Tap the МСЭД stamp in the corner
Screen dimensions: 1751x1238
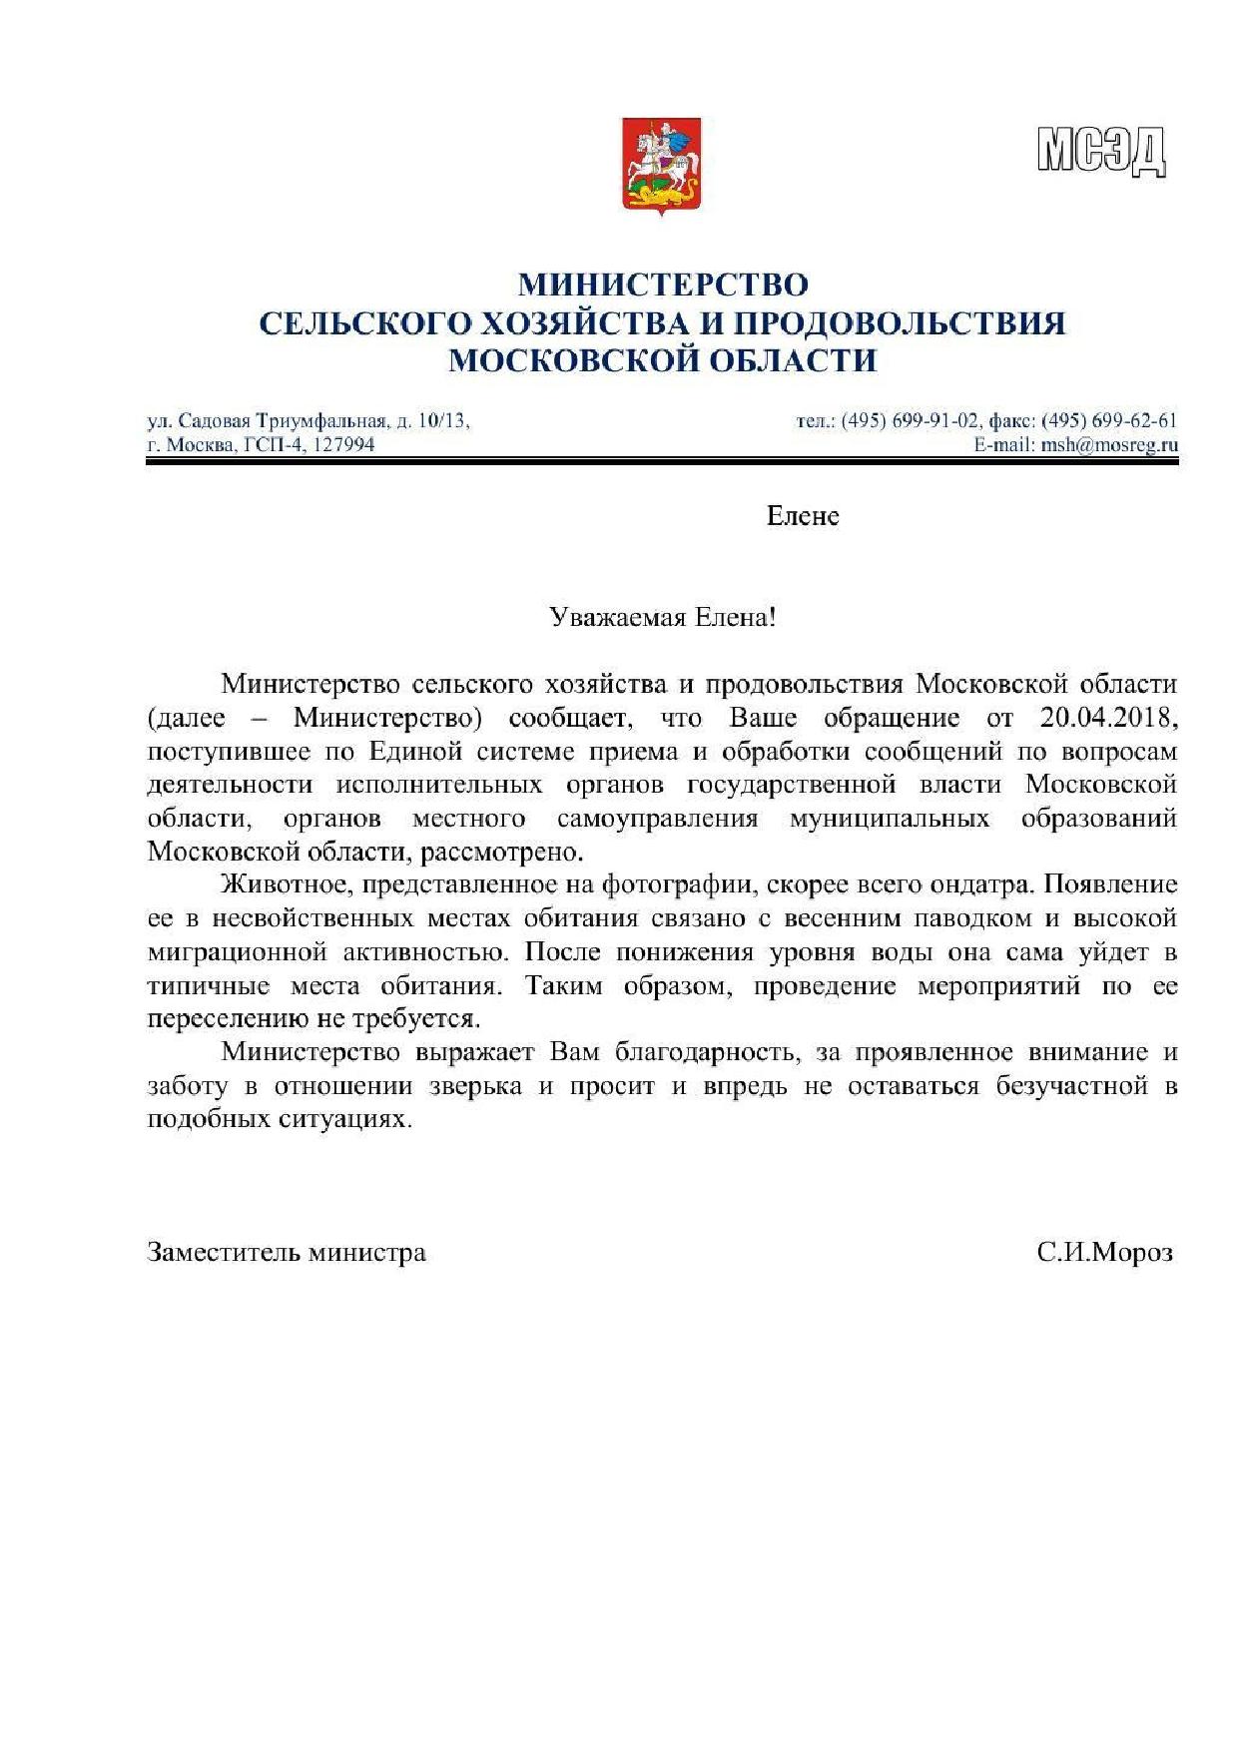click(1101, 152)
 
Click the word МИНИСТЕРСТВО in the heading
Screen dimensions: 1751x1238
click(662, 285)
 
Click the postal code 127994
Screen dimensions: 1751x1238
click(343, 444)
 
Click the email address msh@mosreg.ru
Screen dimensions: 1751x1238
click(1108, 445)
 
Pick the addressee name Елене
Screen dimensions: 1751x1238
click(802, 516)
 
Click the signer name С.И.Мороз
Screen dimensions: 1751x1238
click(1104, 1252)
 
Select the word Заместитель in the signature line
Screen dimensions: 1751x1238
click(223, 1252)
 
